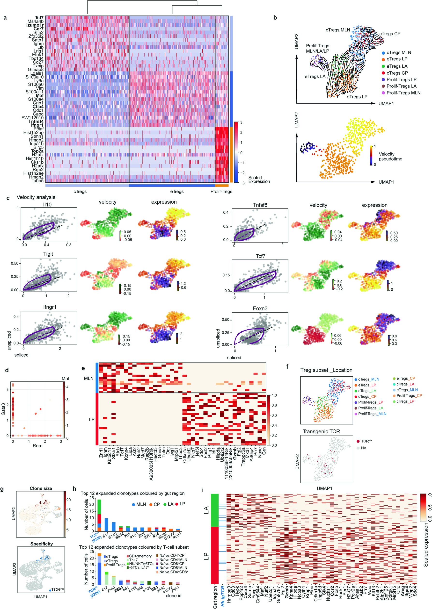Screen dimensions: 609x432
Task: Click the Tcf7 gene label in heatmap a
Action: [x=39, y=18]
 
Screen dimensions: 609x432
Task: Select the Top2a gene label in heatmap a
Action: [x=37, y=151]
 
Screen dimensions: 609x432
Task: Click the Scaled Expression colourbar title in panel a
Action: [x=259, y=180]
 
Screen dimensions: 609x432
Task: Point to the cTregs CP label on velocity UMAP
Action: [x=390, y=34]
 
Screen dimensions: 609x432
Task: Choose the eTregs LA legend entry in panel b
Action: [x=397, y=66]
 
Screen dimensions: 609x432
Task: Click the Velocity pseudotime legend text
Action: [x=390, y=157]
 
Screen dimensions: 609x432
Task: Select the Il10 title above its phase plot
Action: [x=47, y=204]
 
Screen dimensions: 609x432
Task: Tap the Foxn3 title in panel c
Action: [x=260, y=308]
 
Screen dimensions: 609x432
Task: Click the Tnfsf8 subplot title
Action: [x=260, y=205]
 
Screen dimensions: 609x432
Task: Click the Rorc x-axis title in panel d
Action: [x=37, y=445]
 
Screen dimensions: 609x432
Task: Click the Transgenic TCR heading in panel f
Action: [x=321, y=431]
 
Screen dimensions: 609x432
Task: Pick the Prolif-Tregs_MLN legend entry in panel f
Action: [x=372, y=414]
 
